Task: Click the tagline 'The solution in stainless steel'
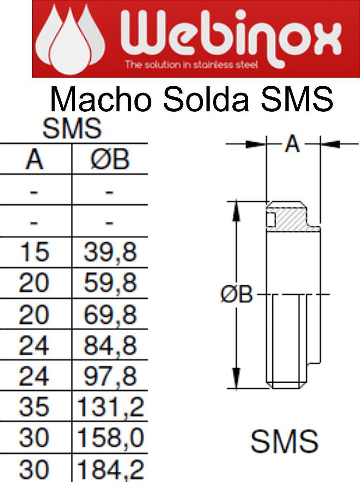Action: point(191,65)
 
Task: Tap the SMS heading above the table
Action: point(72,129)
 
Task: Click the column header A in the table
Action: point(34,160)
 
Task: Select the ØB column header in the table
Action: point(110,160)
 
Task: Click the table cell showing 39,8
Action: point(110,253)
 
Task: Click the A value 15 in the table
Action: point(34,253)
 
